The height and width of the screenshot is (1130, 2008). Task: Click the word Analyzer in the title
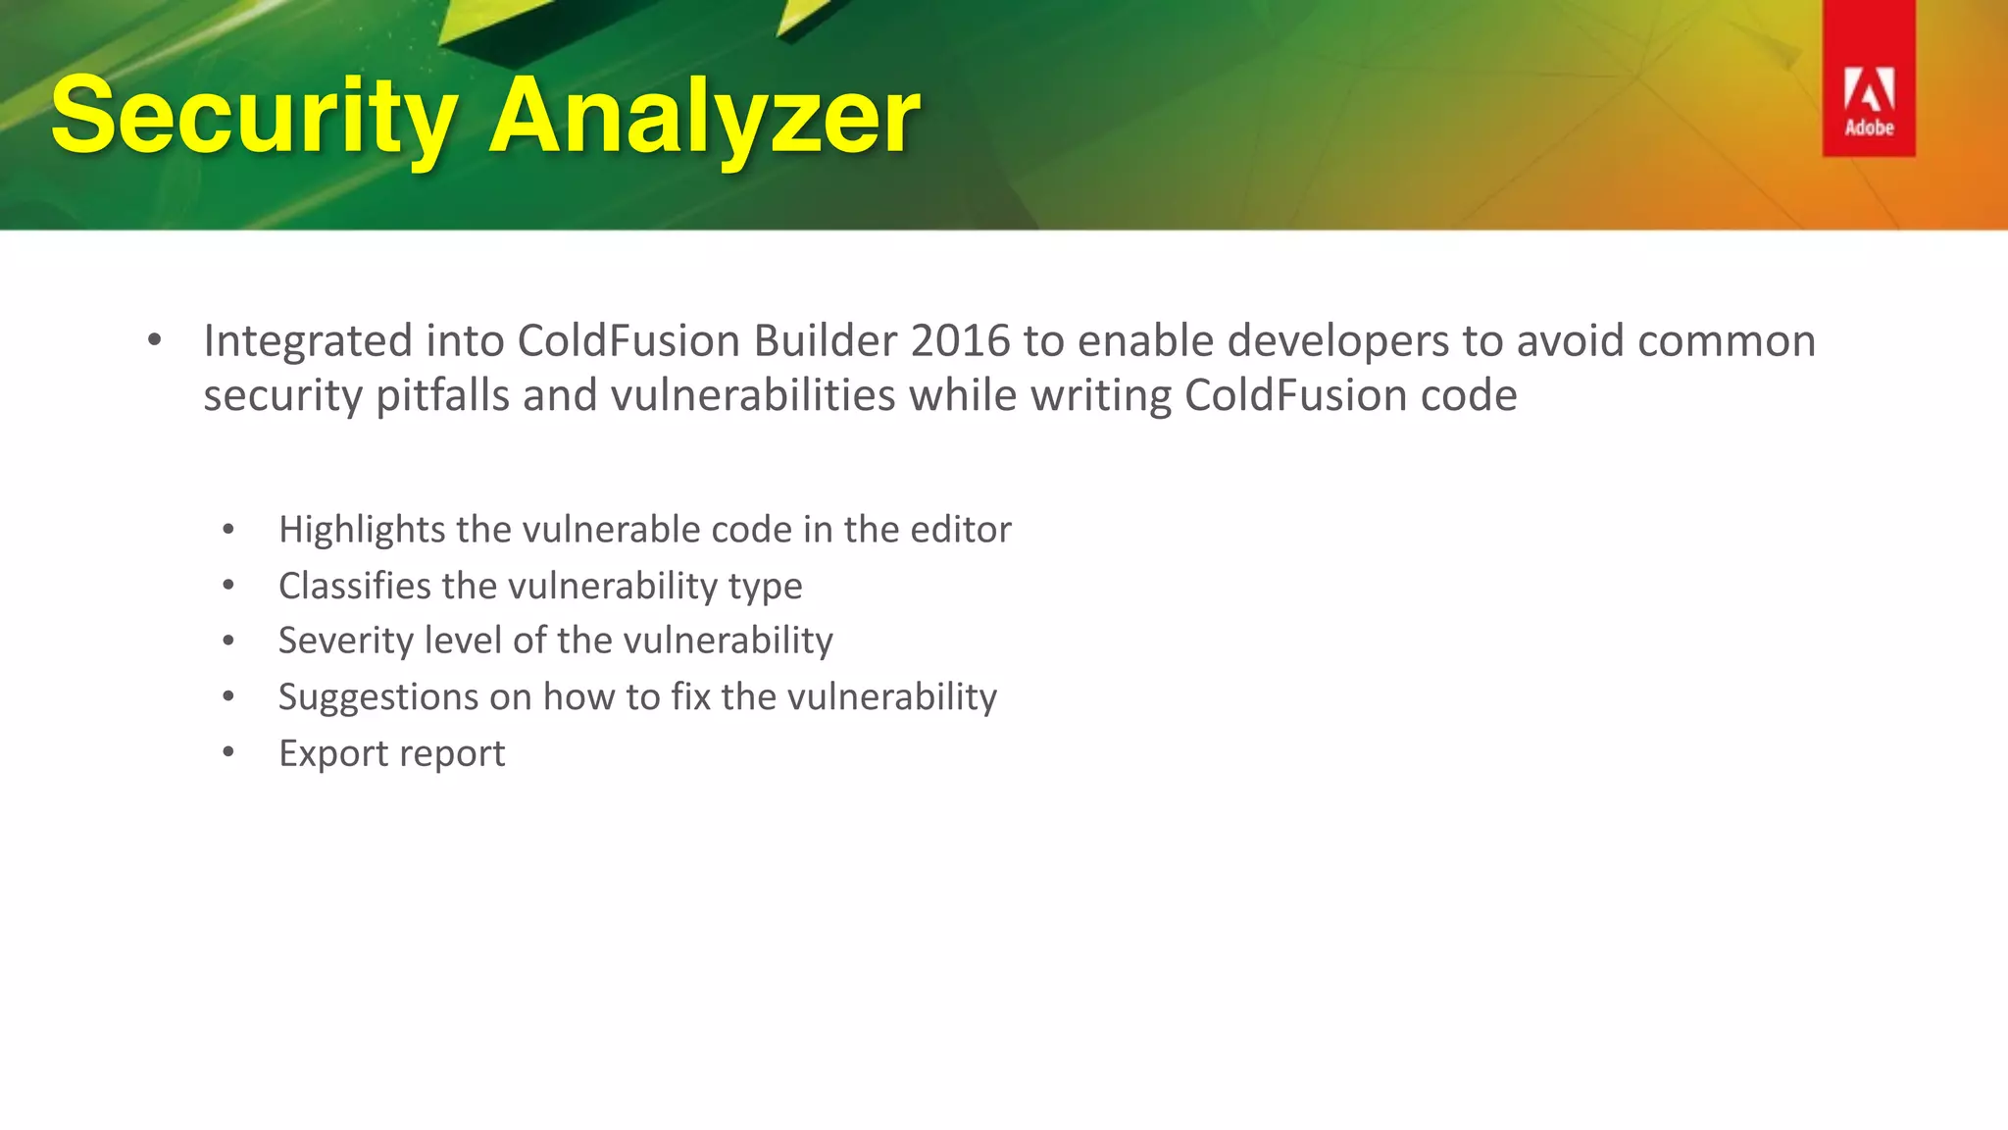[704, 118]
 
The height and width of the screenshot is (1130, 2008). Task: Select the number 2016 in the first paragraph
[960, 341]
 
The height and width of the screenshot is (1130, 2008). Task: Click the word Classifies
[354, 586]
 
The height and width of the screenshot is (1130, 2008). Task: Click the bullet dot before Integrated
[154, 341]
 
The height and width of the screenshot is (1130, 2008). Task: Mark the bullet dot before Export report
[228, 753]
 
